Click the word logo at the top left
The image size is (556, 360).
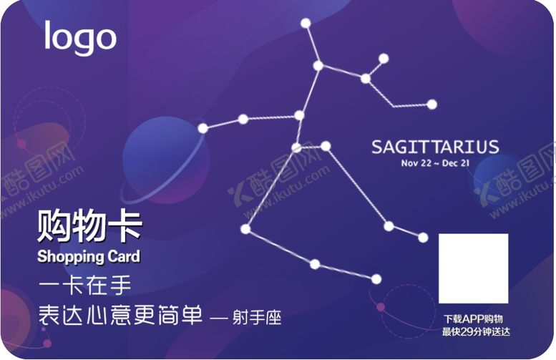(x=80, y=38)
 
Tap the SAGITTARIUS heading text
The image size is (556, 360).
(x=435, y=147)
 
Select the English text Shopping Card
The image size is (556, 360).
(x=88, y=256)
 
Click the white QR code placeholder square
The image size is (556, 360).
(x=473, y=268)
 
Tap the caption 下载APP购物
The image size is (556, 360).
(x=473, y=318)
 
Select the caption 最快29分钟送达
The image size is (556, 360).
(x=473, y=331)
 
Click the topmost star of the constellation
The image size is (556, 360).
(x=306, y=23)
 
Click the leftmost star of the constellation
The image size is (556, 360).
(x=203, y=128)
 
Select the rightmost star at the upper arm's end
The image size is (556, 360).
(x=431, y=104)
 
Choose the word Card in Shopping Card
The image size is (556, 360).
(x=122, y=256)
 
